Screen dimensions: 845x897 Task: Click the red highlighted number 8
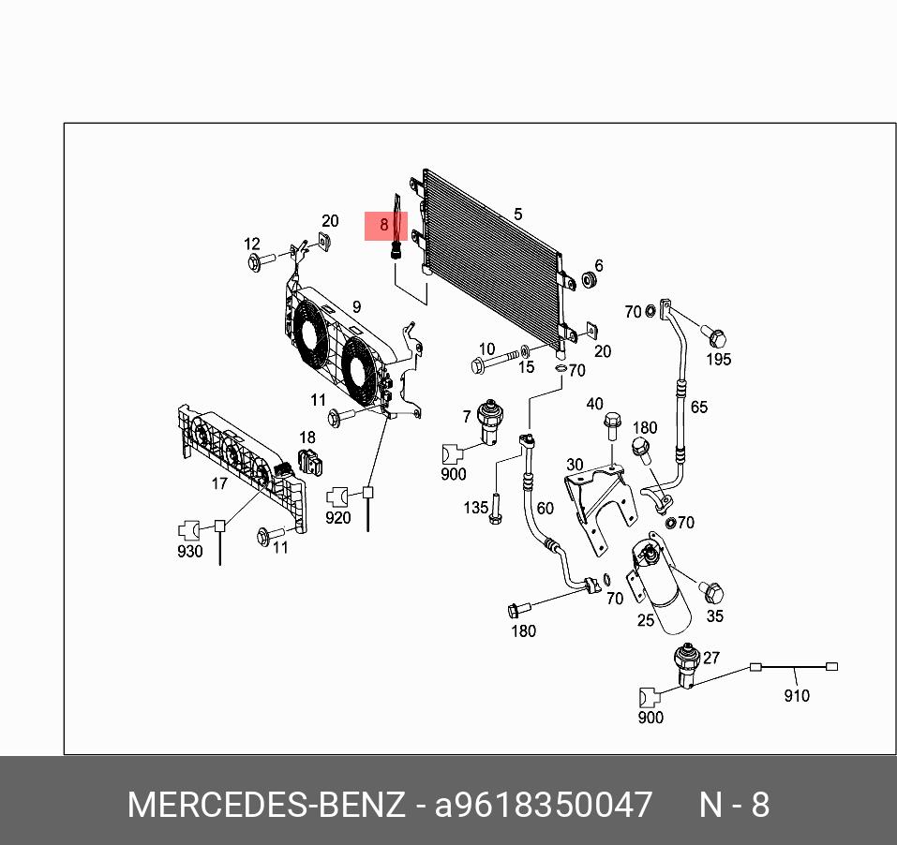[x=384, y=225]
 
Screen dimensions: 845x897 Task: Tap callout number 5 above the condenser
[x=518, y=215]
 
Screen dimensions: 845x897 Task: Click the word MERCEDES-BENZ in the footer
[x=266, y=805]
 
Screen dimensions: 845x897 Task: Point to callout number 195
[x=718, y=359]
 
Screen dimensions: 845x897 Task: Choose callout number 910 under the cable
[x=796, y=695]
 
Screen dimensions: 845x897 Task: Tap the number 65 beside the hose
[x=699, y=407]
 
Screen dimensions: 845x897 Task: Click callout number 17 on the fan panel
[x=219, y=483]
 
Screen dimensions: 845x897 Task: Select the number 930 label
[x=189, y=551]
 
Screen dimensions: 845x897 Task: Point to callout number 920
[x=337, y=517]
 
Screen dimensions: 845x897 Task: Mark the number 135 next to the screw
[x=476, y=507]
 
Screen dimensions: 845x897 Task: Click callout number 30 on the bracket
[x=575, y=465]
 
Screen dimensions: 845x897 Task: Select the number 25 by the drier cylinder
[x=646, y=620]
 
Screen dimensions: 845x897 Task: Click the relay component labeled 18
[x=309, y=462]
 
